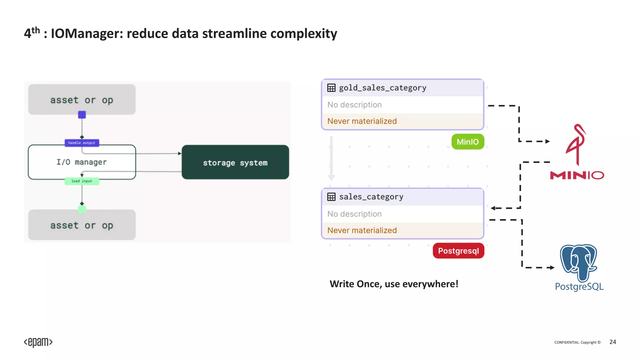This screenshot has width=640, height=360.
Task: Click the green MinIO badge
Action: pyautogui.click(x=467, y=142)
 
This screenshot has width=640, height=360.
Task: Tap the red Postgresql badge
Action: pyautogui.click(x=458, y=251)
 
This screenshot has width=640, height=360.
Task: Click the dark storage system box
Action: pyautogui.click(x=235, y=162)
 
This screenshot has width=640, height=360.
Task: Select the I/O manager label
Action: pyautogui.click(x=82, y=162)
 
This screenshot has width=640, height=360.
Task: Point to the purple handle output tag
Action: pyautogui.click(x=82, y=143)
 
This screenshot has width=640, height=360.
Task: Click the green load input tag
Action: pyautogui.click(x=82, y=181)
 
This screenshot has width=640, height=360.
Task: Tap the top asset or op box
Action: pyautogui.click(x=82, y=100)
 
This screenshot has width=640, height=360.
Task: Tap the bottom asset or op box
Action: pyautogui.click(x=82, y=225)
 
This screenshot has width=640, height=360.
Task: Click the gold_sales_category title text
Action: pyautogui.click(x=382, y=88)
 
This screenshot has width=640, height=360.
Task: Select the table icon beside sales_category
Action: pyautogui.click(x=331, y=197)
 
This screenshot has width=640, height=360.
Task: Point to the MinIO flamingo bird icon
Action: pyautogui.click(x=577, y=144)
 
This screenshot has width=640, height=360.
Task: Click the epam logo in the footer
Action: pyautogui.click(x=38, y=342)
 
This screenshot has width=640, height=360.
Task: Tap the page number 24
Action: pyautogui.click(x=612, y=342)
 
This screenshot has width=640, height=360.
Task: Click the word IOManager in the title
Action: pyautogui.click(x=87, y=33)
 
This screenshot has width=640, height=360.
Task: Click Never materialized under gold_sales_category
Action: pyautogui.click(x=362, y=121)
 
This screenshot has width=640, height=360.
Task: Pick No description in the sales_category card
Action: pyautogui.click(x=354, y=214)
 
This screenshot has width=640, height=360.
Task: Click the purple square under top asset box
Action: pyautogui.click(x=82, y=115)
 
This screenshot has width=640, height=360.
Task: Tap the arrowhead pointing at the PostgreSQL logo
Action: pyautogui.click(x=552, y=267)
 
